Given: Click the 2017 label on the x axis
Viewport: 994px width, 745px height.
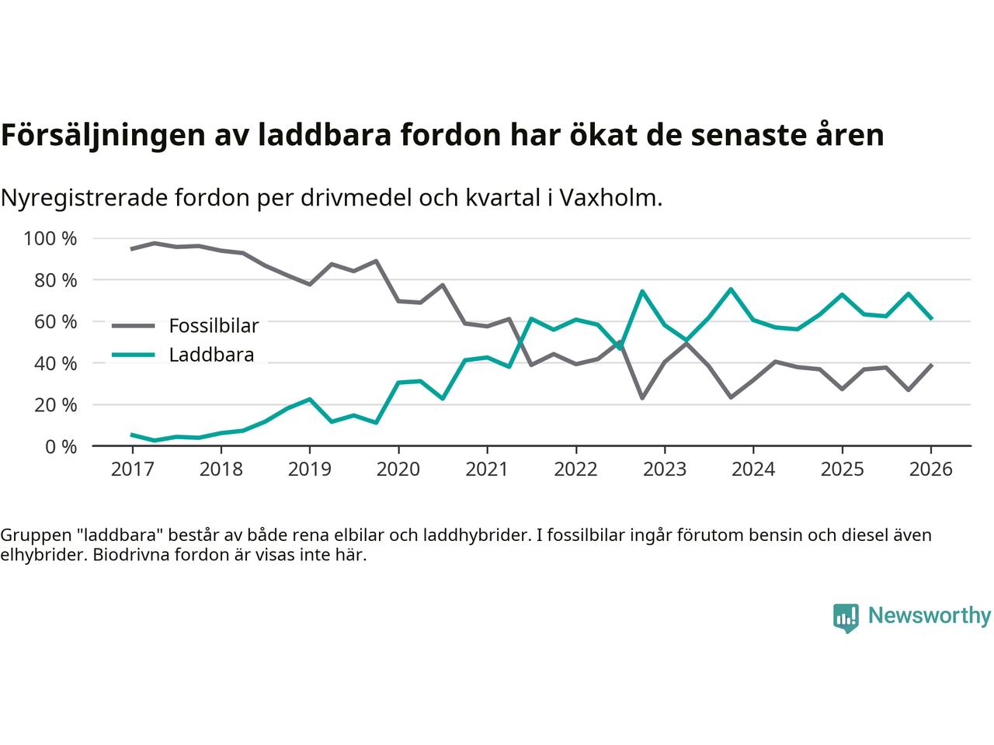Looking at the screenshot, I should [132, 470].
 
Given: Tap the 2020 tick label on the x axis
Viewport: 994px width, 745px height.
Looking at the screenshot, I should [398, 470].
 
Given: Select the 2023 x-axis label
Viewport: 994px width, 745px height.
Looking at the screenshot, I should [665, 470].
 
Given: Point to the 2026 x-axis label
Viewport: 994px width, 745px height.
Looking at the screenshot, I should [931, 470].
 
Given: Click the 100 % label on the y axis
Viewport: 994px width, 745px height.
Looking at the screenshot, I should [50, 238].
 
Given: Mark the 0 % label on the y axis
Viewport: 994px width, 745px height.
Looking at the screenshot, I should [60, 446].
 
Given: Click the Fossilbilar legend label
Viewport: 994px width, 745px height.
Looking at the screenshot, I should [214, 325].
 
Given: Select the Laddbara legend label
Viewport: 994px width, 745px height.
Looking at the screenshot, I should [211, 355].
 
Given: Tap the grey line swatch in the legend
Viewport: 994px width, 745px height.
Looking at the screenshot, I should [135, 326].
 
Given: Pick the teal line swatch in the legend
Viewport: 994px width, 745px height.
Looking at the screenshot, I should [135, 355].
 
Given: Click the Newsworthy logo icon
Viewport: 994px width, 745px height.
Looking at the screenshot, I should [846, 617].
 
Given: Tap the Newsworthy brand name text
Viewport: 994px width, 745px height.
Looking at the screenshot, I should [929, 616].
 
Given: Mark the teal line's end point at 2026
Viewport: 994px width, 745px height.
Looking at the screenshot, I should [931, 319].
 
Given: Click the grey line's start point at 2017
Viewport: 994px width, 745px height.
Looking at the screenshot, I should [132, 249].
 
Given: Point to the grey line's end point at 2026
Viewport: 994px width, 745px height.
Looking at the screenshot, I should [931, 365].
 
